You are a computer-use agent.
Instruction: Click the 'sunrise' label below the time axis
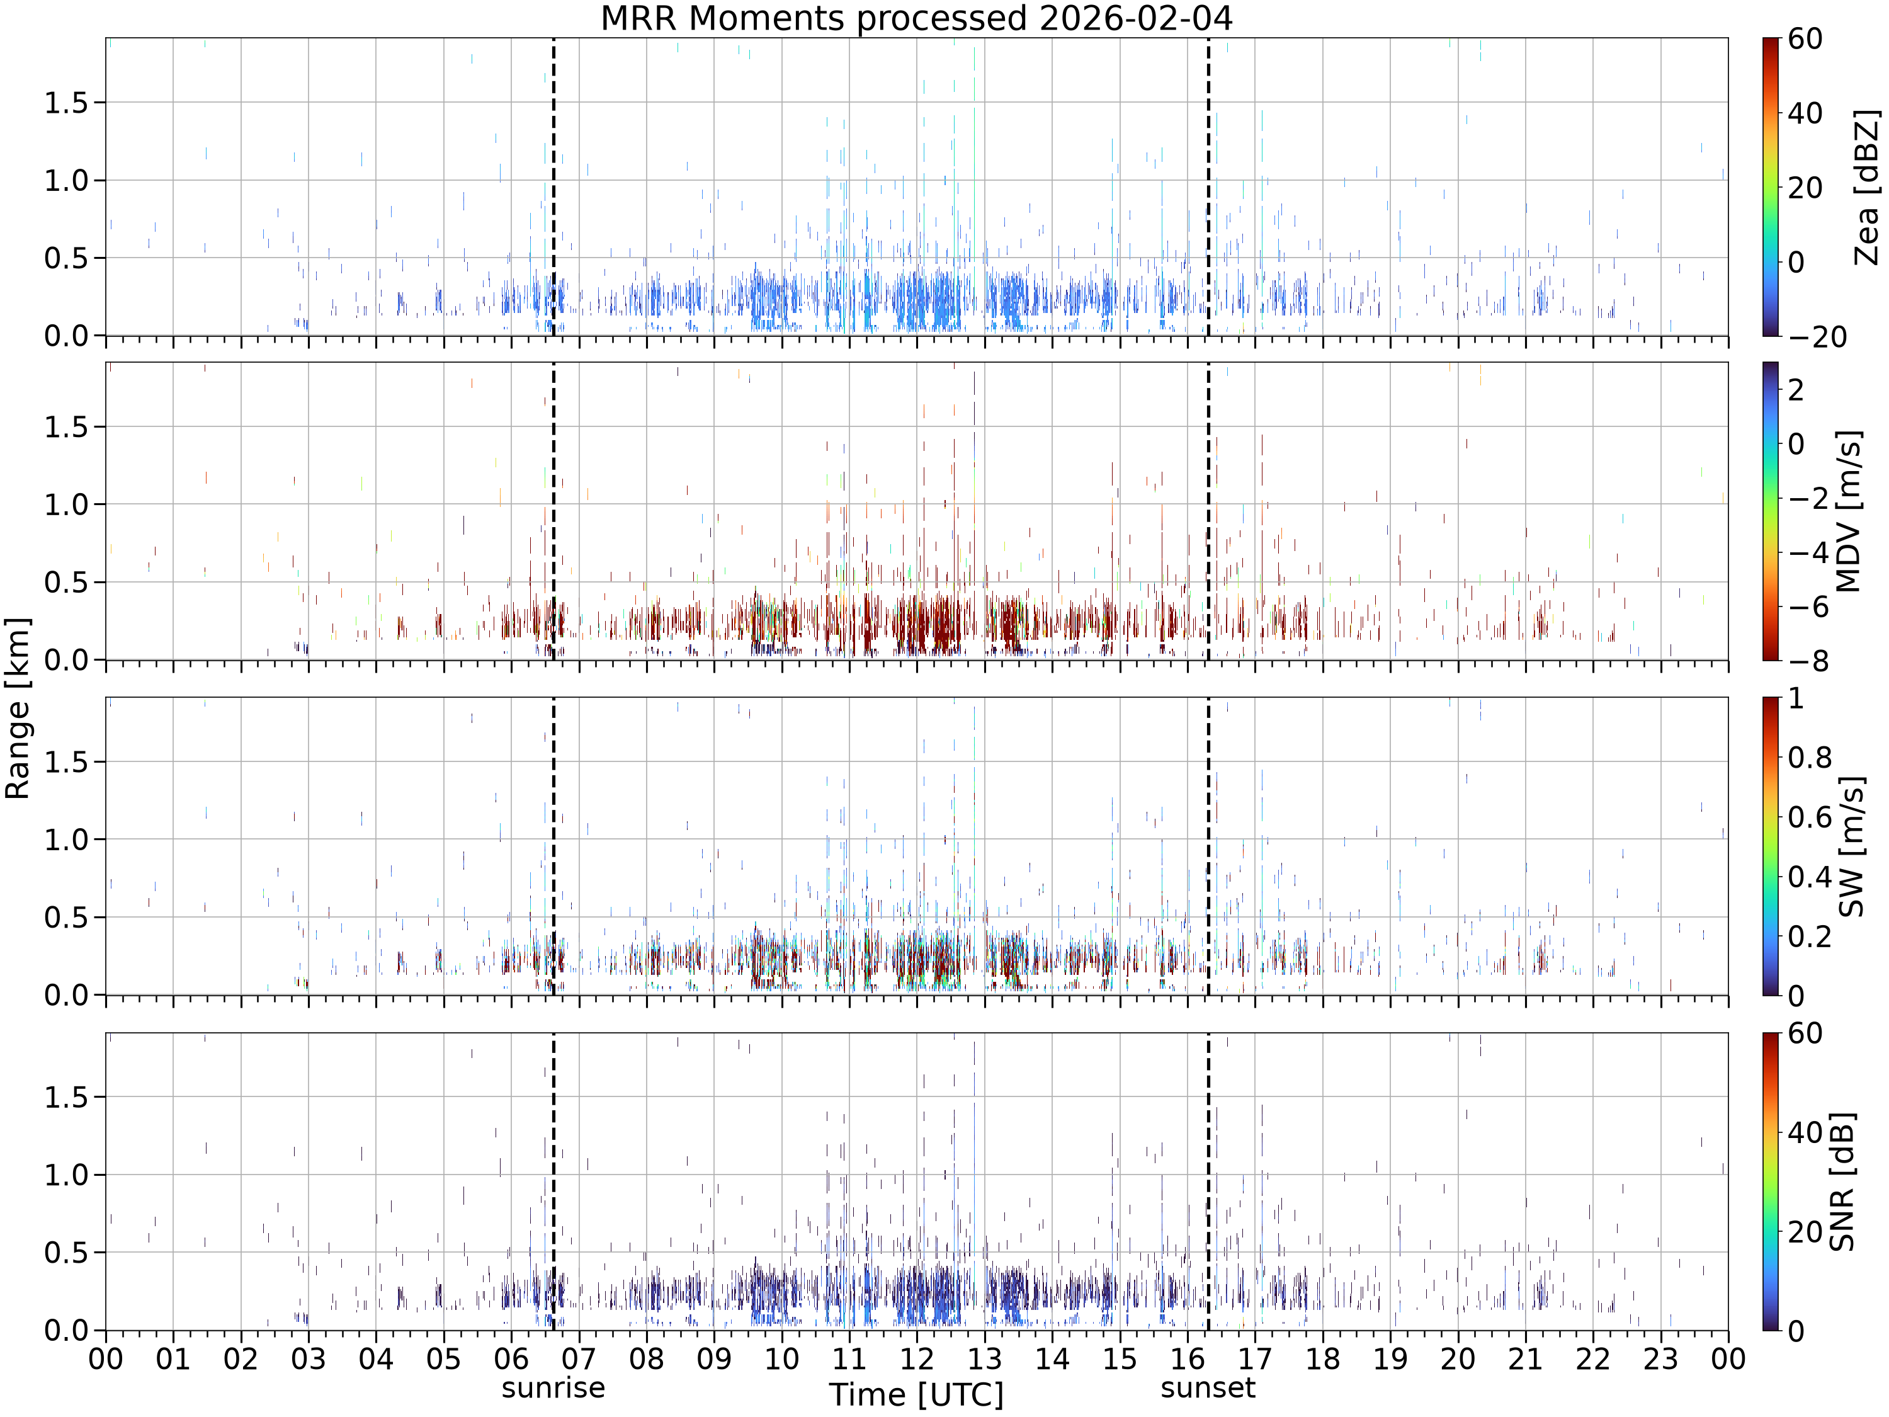click(553, 1388)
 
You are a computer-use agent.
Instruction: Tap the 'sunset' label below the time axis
click(1208, 1388)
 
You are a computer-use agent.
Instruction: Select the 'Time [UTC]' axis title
click(916, 1395)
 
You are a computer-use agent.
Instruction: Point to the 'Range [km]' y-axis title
click(17, 708)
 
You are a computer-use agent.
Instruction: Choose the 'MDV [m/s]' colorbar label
click(1848, 511)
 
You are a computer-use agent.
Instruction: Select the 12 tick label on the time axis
click(916, 1358)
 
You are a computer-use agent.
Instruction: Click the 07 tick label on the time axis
click(579, 1358)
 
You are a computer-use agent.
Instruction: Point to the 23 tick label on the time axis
click(1661, 1358)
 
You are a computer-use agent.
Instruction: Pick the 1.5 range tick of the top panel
click(67, 103)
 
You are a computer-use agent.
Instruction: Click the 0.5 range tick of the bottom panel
click(67, 1253)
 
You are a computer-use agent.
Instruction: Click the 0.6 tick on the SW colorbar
click(1810, 817)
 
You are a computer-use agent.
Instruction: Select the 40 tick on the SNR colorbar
click(1805, 1132)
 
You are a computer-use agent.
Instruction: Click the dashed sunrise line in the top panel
click(553, 187)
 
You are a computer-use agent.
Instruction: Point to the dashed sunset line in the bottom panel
click(1208, 1182)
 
